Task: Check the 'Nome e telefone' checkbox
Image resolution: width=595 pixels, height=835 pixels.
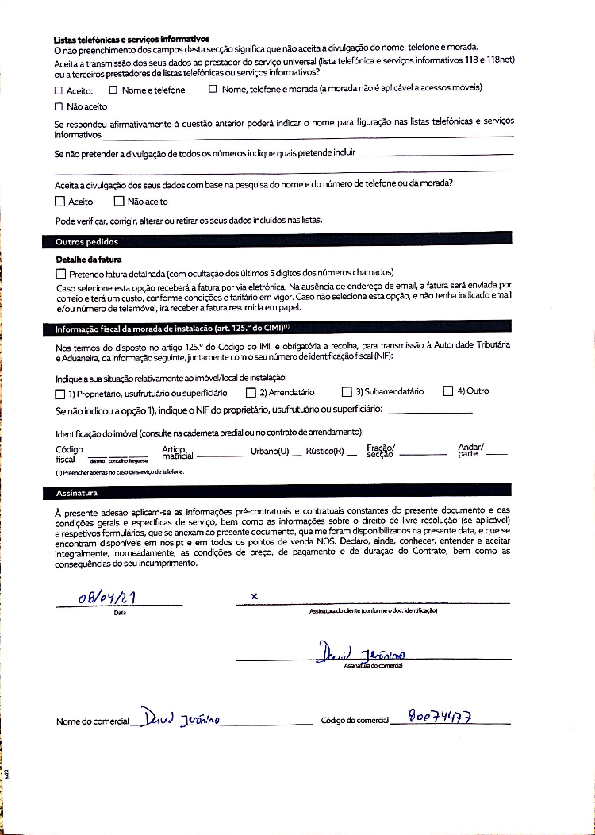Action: point(113,90)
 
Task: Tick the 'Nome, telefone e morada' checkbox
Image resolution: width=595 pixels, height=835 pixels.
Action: point(213,89)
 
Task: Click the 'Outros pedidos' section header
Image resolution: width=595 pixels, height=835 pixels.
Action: point(86,241)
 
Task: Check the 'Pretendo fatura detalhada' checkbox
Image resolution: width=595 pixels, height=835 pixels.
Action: point(60,273)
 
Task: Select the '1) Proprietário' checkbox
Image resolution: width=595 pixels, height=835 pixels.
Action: point(60,393)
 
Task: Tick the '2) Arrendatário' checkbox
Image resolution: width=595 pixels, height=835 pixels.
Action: point(251,392)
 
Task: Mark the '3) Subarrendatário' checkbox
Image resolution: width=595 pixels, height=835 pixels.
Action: point(346,391)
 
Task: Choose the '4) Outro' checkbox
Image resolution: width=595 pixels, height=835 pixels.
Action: point(447,391)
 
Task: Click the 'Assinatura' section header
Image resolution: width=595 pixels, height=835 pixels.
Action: point(76,493)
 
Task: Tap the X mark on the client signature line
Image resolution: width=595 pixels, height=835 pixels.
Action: point(254,595)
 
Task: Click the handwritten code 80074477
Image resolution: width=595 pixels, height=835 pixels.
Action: point(440,716)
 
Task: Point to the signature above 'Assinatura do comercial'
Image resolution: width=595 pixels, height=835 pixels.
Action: point(361,655)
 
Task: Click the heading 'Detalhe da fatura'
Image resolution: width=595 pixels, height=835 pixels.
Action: point(88,260)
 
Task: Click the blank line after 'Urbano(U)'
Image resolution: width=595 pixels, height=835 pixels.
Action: point(296,456)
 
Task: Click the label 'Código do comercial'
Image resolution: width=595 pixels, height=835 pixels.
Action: point(355,721)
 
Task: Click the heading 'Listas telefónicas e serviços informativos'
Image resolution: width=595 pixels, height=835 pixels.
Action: point(131,39)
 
